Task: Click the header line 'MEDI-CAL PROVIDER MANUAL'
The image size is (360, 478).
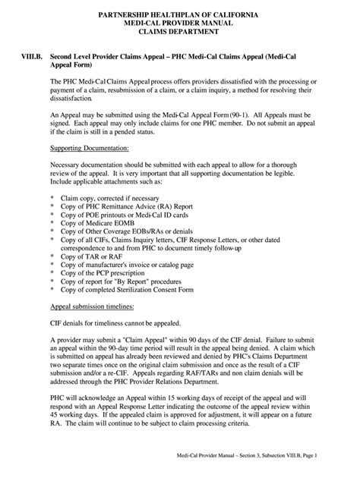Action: coord(181,24)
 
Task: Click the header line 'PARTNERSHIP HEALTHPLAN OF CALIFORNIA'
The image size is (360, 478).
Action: coord(181,14)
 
